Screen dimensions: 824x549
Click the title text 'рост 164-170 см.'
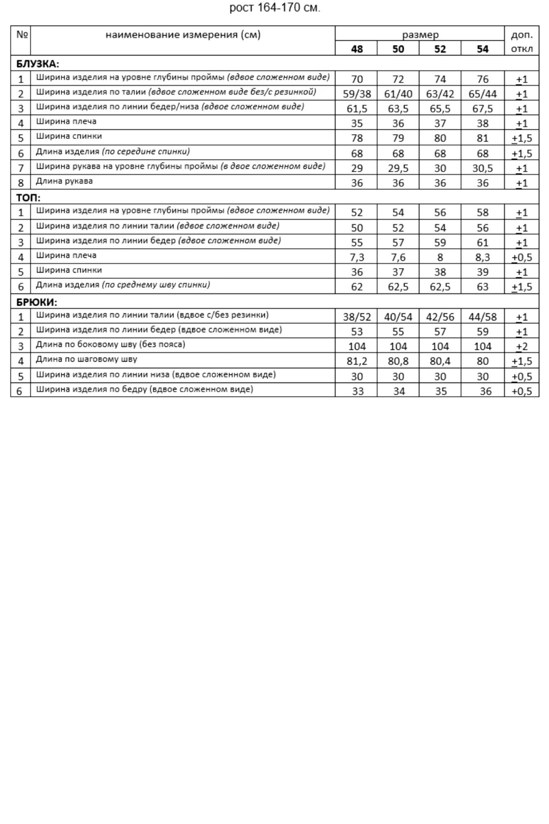pos(274,8)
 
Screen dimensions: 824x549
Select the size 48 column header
pos(357,49)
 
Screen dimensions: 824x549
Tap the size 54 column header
pos(482,49)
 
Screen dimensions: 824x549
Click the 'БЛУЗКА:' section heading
pos(37,64)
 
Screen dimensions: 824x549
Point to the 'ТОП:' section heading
pos(28,198)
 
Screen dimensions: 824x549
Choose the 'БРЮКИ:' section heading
pos(37,302)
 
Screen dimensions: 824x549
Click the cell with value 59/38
pos(357,94)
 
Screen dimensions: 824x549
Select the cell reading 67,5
pos(482,109)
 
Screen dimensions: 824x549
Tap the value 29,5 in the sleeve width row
pos(398,168)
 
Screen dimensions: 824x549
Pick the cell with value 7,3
pos(357,257)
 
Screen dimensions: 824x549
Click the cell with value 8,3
pos(482,257)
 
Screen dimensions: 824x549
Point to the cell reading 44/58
pos(482,317)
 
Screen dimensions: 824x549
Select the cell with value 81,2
pos(357,361)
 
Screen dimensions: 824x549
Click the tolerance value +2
pos(521,346)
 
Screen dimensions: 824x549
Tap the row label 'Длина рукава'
pos(64,181)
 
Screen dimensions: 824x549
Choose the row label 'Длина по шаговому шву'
pos(86,359)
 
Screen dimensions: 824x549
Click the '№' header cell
pos(21,35)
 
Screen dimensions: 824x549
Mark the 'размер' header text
pos(420,35)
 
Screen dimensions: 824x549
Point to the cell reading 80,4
pos(440,361)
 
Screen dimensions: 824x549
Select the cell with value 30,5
pos(482,168)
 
